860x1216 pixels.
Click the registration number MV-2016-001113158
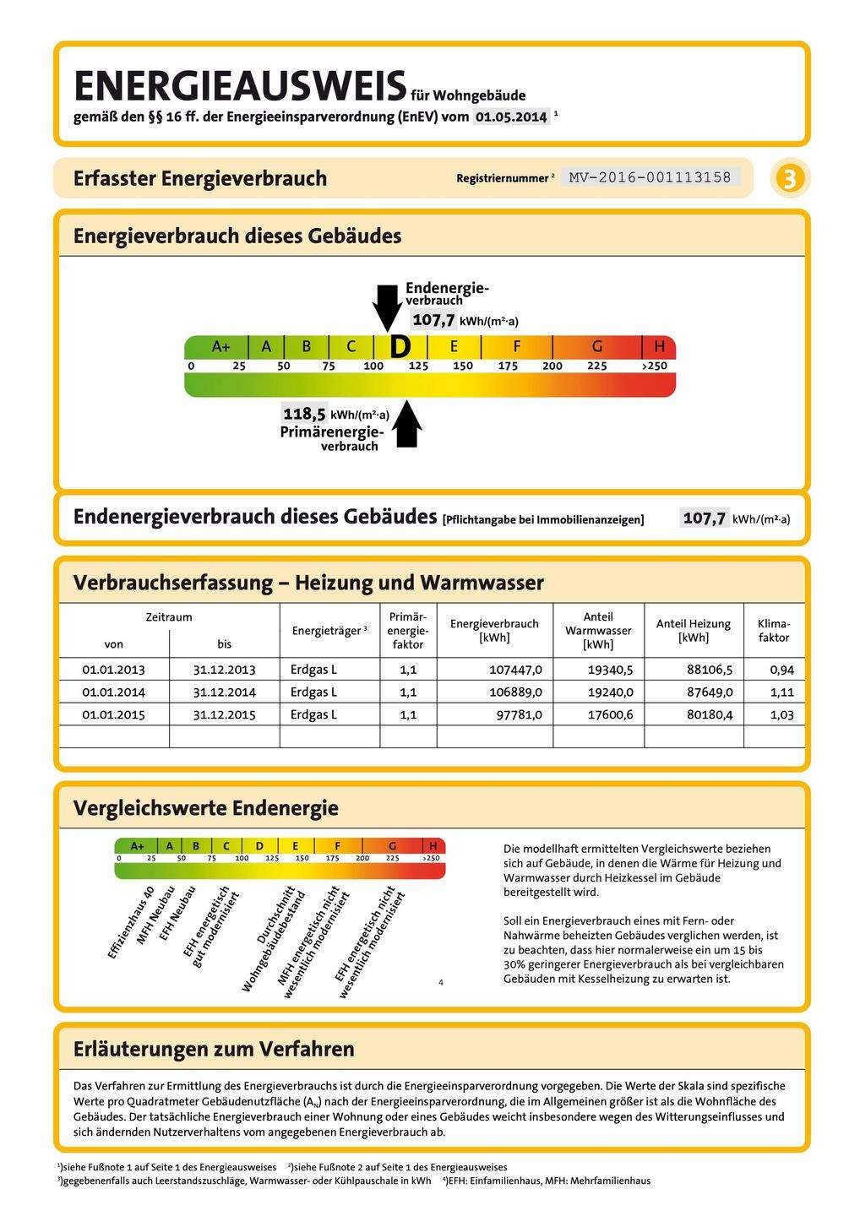(650, 177)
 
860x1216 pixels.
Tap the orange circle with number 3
(789, 179)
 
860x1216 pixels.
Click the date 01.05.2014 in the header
(511, 117)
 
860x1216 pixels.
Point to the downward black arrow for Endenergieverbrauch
(388, 307)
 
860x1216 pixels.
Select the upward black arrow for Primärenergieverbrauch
(408, 424)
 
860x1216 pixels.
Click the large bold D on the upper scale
(400, 346)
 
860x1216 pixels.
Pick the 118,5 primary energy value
(304, 414)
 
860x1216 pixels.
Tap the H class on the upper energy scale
(659, 346)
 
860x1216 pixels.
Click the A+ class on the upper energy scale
(220, 346)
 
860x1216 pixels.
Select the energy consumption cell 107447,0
(515, 670)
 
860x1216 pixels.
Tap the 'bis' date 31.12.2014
(224, 692)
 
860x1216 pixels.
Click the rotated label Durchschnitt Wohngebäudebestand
(273, 937)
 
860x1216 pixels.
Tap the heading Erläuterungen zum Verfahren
(214, 1049)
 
